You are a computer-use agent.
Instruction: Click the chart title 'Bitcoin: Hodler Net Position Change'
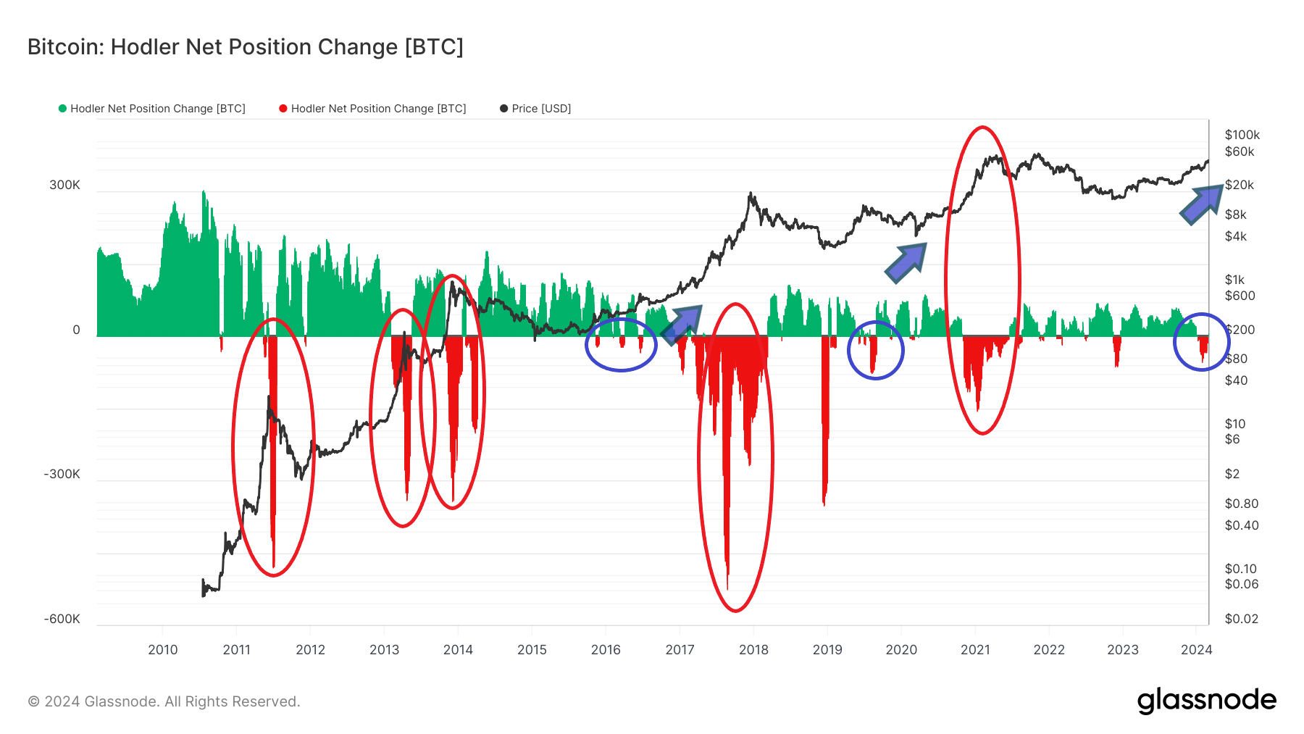tap(245, 47)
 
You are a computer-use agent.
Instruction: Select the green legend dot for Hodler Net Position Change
tap(63, 109)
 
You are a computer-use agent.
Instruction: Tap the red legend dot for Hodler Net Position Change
tap(283, 109)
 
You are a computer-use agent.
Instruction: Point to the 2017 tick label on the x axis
tap(680, 649)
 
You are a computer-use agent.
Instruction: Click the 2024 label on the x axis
tap(1196, 649)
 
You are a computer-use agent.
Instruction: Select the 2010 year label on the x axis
tap(162, 649)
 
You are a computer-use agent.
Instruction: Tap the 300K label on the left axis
tap(64, 185)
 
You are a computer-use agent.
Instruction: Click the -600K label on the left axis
tap(62, 619)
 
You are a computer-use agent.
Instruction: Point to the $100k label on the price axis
tap(1242, 135)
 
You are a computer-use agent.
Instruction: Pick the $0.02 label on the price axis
tap(1241, 619)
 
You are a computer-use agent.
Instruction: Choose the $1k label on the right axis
tap(1234, 280)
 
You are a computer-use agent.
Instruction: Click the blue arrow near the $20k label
tap(1201, 204)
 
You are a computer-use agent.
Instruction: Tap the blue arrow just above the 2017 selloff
tap(682, 324)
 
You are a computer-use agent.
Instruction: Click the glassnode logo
tap(1206, 701)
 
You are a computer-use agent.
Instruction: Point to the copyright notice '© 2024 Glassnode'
tap(164, 701)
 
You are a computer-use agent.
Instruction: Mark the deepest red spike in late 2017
tap(727, 572)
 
